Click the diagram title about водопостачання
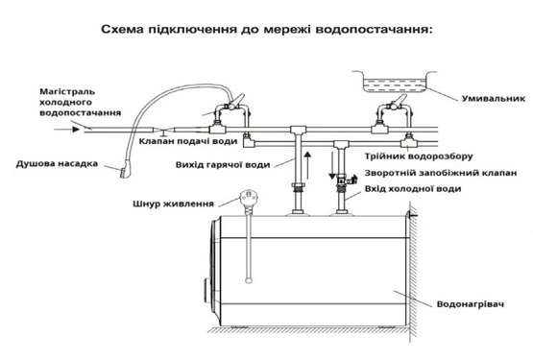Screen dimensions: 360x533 267,30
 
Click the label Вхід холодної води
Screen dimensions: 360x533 413,189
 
